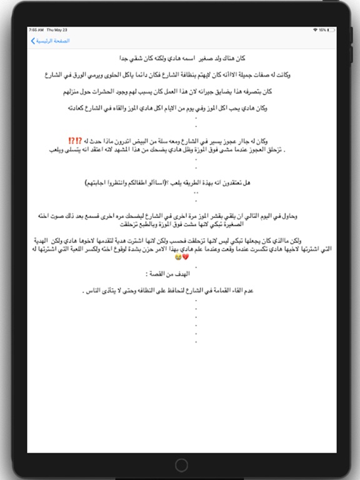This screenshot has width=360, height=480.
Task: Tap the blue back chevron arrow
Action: coord(33,41)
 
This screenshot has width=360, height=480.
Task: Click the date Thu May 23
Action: coord(56,30)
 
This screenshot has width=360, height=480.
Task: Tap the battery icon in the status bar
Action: coord(327,30)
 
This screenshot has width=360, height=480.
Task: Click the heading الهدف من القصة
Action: coord(168,274)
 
